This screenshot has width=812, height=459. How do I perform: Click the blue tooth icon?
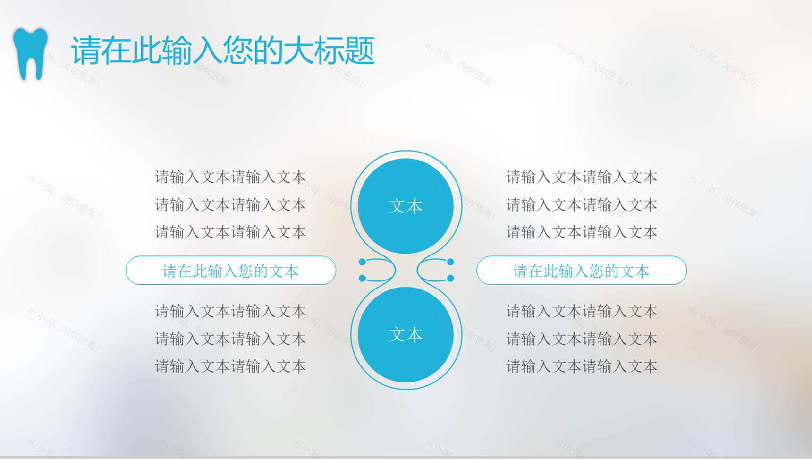tap(31, 53)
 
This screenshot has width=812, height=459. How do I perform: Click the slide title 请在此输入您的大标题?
tap(222, 50)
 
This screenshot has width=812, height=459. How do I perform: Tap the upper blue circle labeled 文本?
tap(406, 206)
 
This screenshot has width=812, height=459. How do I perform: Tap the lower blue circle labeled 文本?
tap(406, 334)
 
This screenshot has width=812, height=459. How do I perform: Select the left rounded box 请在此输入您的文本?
tap(230, 271)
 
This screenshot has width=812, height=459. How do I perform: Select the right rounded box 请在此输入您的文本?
tap(581, 271)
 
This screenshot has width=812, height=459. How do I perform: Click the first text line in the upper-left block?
tap(230, 177)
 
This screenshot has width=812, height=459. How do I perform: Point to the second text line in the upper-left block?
tap(230, 205)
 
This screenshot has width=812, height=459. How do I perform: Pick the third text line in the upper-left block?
tap(230, 232)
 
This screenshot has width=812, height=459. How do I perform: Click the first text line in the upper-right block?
tap(582, 177)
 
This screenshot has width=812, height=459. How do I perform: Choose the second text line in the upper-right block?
tap(582, 205)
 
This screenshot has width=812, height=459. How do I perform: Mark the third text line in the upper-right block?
tap(582, 232)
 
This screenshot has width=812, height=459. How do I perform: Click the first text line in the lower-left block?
tap(230, 311)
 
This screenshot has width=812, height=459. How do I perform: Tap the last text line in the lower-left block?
tap(230, 366)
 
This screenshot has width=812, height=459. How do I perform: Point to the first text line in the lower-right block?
tap(582, 311)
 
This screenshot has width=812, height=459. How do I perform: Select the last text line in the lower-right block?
tap(582, 366)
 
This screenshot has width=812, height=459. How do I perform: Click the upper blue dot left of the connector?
tap(362, 262)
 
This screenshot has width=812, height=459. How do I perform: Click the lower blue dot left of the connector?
tap(362, 279)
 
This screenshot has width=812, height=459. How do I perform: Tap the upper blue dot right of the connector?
tap(450, 262)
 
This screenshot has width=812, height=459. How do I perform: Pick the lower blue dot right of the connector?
tap(450, 279)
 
